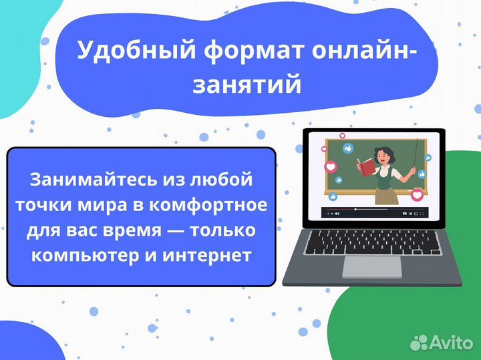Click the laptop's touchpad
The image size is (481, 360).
point(372,266)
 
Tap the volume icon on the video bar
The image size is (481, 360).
point(338,214)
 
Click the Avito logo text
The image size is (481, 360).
point(452,343)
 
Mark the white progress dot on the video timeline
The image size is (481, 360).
point(355,210)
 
